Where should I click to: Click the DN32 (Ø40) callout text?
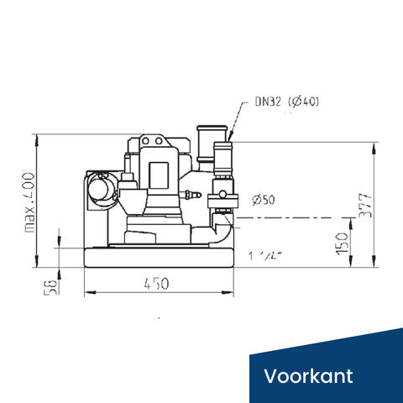[x=286, y=102]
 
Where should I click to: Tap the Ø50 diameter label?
[x=263, y=199]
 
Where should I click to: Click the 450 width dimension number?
[x=156, y=284]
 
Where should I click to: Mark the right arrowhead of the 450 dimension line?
[x=230, y=292]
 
